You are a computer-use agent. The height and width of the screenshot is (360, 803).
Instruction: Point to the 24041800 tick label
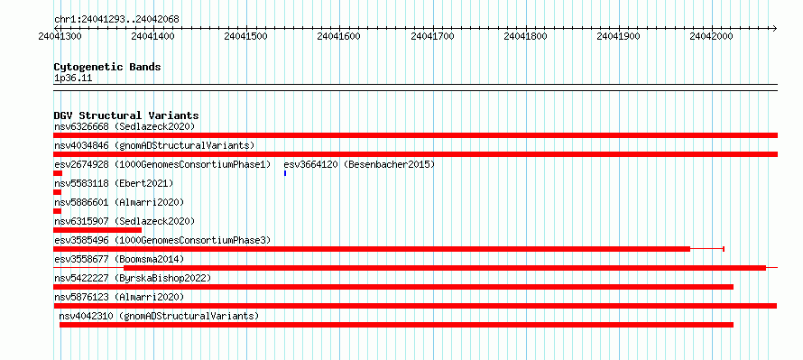[x=525, y=36]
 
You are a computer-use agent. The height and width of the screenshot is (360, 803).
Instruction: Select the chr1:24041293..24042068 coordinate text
[x=116, y=20]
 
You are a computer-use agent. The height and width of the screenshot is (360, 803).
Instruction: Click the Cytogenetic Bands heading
[x=107, y=67]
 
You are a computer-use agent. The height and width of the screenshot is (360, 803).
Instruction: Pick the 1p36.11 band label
[x=73, y=78]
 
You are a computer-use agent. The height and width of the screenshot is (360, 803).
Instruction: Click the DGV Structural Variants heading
[x=126, y=115]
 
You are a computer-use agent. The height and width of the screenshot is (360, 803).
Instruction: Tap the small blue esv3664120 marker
[x=285, y=173]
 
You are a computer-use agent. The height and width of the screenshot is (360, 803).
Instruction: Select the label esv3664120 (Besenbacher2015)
[x=359, y=164]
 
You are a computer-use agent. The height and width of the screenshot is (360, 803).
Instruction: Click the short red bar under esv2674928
[x=58, y=173]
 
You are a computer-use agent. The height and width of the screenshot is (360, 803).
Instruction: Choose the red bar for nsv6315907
[x=97, y=230]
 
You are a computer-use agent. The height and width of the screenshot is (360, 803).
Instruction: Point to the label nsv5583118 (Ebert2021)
[x=114, y=183]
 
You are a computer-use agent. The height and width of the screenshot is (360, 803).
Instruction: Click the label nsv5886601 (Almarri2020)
[x=119, y=202]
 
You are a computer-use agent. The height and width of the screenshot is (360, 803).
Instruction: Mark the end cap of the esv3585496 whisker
[x=724, y=249]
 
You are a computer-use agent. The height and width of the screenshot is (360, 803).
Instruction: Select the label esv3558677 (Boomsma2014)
[x=119, y=259]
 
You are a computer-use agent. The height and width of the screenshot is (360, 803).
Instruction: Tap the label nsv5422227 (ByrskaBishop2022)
[x=133, y=278]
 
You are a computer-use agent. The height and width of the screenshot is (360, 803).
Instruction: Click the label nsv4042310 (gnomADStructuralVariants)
[x=159, y=316]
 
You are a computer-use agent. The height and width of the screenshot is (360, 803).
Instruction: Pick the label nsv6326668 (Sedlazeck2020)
[x=125, y=126]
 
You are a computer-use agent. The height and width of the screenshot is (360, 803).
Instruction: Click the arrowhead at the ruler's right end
[x=775, y=28]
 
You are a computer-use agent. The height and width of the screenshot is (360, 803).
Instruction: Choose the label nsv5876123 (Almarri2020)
[x=119, y=297]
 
